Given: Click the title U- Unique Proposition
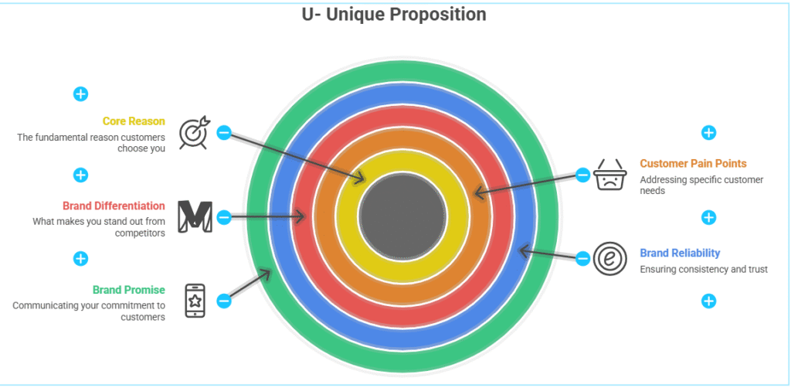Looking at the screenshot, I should [394, 15].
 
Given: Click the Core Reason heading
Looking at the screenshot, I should [134, 121].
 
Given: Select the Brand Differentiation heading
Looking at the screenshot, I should [114, 206].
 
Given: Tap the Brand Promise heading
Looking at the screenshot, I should [128, 290].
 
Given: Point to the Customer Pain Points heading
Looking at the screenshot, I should [693, 164].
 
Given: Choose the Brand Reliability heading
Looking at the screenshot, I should [680, 253].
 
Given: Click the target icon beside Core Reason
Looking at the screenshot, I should [193, 133].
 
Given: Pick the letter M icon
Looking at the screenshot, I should [195, 216].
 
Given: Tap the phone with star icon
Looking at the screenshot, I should [195, 301].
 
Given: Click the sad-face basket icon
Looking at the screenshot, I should [609, 175].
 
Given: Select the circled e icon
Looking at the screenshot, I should [609, 259].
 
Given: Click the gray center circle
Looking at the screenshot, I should [402, 213].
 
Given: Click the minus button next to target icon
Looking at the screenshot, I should [223, 133].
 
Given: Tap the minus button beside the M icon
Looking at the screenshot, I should [223, 217].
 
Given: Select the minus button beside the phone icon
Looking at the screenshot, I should [223, 301].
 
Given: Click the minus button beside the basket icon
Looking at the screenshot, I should [582, 175].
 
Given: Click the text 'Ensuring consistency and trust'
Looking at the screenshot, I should [704, 269].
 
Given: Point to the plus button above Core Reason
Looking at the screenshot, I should [80, 94].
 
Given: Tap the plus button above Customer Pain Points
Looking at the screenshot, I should [708, 133].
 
